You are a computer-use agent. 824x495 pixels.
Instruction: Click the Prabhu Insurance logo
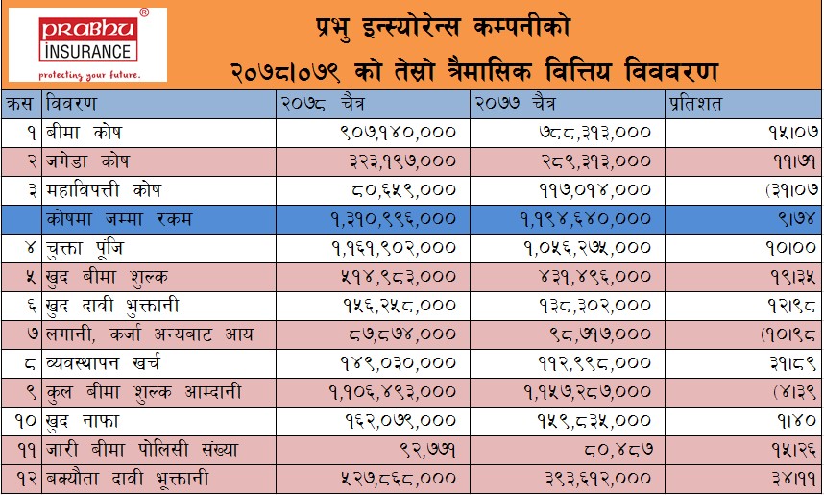pyautogui.click(x=87, y=45)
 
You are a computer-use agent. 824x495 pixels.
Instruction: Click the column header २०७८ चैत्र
pyautogui.click(x=321, y=102)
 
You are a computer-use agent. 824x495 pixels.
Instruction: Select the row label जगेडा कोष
pyautogui.click(x=90, y=160)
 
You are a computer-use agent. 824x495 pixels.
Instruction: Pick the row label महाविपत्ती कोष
pyautogui.click(x=105, y=189)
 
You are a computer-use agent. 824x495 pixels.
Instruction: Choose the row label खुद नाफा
pyautogui.click(x=85, y=421)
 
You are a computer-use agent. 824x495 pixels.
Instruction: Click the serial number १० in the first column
pyautogui.click(x=21, y=421)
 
